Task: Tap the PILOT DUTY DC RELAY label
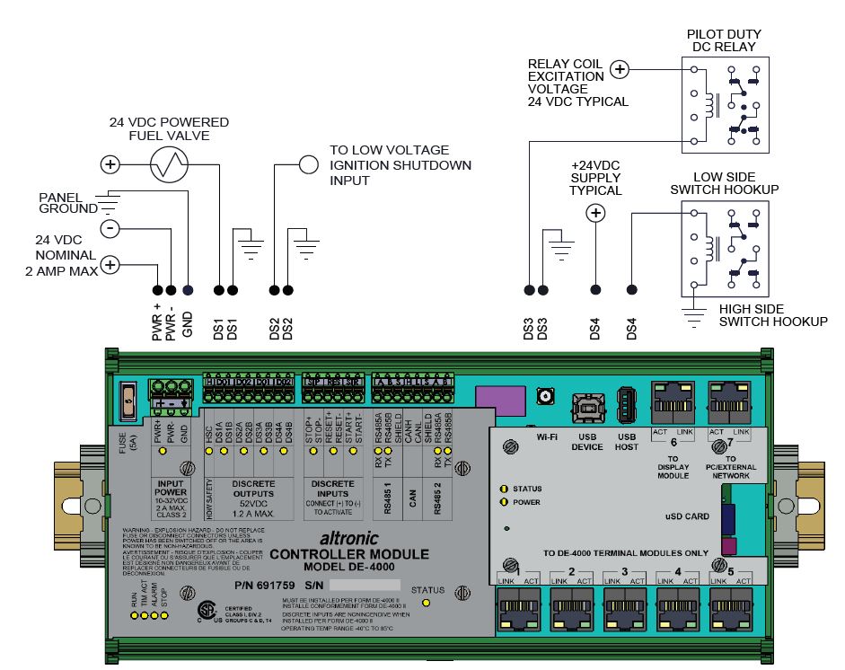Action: click(x=721, y=40)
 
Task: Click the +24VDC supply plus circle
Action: click(x=594, y=213)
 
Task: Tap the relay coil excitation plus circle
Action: click(x=620, y=68)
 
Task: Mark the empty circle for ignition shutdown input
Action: click(x=309, y=164)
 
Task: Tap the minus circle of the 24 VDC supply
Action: click(x=110, y=228)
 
